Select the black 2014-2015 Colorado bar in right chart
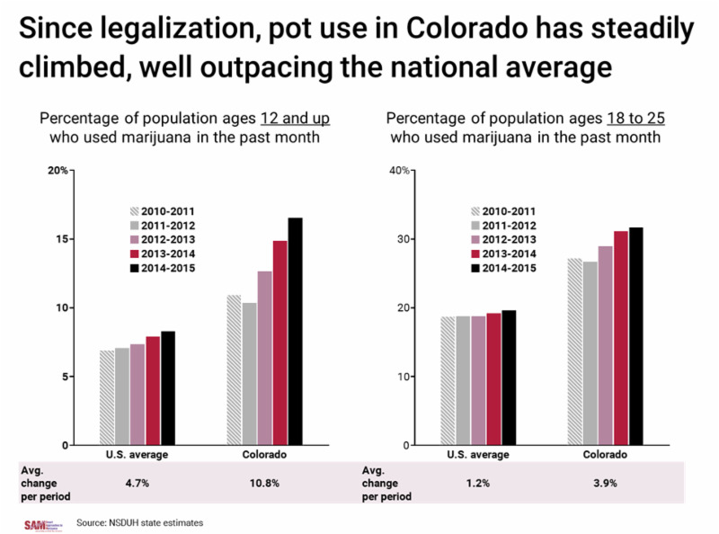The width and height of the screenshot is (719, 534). click(x=636, y=336)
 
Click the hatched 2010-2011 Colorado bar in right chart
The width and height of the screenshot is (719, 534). click(x=574, y=352)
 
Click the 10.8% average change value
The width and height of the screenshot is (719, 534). click(x=264, y=483)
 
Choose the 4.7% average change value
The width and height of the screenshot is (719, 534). click(x=138, y=483)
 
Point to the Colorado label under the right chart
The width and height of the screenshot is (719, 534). click(x=605, y=454)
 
